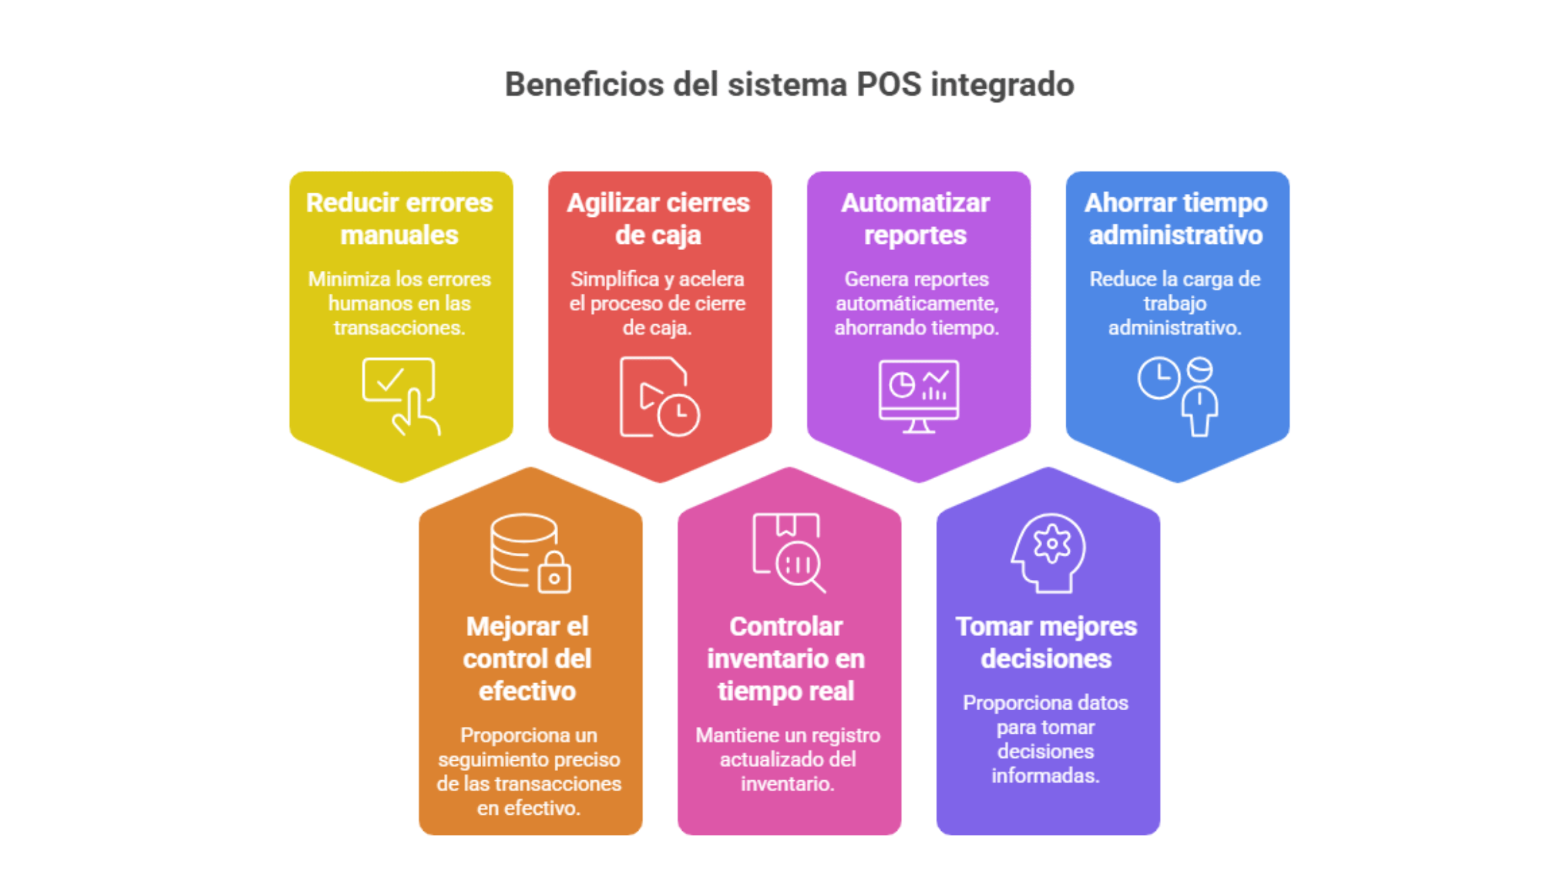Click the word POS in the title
888,85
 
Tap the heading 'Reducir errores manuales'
400,218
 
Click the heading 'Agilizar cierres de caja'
658,218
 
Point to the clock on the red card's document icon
679,414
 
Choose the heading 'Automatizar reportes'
915,218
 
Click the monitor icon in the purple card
919,396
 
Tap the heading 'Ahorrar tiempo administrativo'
1176,218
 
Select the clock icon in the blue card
1158,378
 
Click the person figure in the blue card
1200,397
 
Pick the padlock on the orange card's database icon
555,573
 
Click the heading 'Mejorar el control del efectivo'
528,658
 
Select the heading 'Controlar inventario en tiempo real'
786,658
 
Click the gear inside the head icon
1052,543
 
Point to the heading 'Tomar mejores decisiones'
1046,642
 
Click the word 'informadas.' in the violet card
1046,775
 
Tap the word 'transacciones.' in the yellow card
400,327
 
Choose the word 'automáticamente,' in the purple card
917,303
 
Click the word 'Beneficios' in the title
584,85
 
